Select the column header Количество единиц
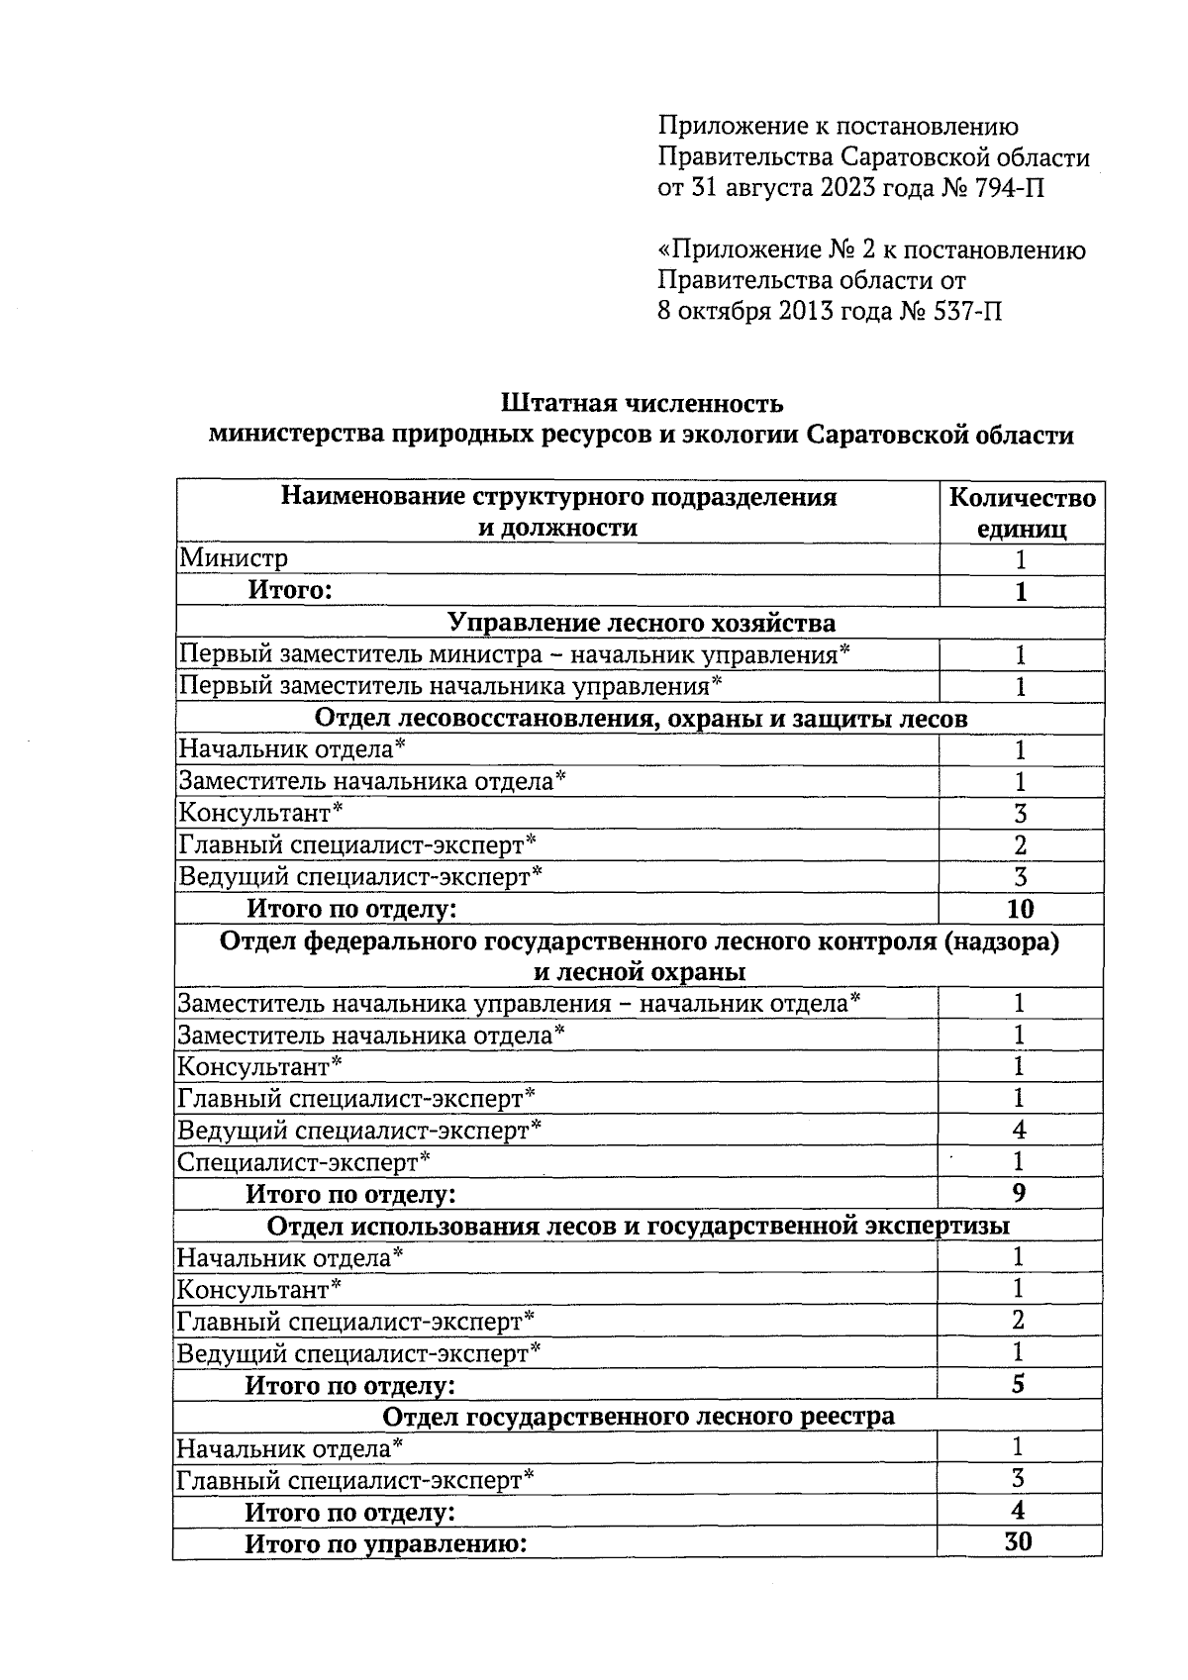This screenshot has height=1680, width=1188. point(1022,513)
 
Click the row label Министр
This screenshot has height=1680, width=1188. point(234,559)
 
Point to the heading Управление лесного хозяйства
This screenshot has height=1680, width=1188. point(642,623)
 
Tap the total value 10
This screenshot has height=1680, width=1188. point(1020,909)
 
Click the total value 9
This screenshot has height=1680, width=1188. point(1020,1193)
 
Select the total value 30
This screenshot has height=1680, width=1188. point(1018,1542)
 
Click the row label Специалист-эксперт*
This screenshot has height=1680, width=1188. point(304,1162)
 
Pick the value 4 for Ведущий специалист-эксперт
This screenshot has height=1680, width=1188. point(1020,1130)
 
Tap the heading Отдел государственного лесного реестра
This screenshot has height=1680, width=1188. point(639,1417)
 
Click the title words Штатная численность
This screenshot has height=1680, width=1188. point(642,404)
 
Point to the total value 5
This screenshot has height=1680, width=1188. point(1019,1384)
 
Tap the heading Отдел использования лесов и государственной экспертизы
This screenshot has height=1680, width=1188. point(639,1227)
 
